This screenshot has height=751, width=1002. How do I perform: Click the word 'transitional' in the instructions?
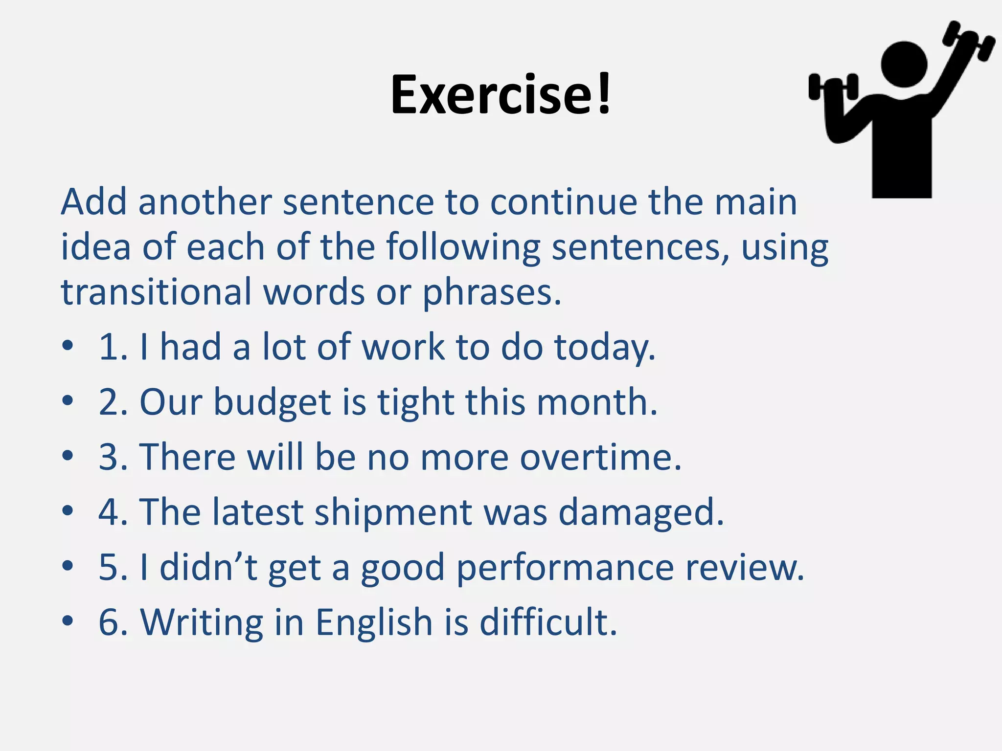tap(156, 292)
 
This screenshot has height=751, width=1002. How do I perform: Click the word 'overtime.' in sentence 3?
tap(600, 457)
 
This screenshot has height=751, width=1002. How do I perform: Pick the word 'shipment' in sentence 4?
tap(392, 512)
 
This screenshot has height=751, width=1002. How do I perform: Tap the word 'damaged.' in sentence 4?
tap(641, 512)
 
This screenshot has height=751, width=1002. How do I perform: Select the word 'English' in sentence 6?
tap(374, 622)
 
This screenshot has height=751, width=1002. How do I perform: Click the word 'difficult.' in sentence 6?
tap(548, 622)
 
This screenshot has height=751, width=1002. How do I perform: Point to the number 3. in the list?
tap(114, 457)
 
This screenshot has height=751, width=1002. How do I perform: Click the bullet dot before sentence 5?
tap(68, 566)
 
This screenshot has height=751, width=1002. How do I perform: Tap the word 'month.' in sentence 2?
tap(597, 402)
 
